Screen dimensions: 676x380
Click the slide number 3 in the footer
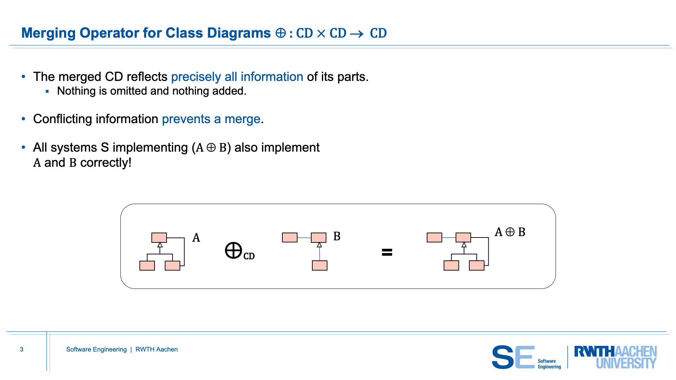(21, 349)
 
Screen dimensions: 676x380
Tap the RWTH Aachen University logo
(615, 357)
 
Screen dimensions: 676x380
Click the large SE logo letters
(513, 357)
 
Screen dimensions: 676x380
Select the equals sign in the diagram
(387, 252)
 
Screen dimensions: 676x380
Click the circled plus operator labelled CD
(233, 251)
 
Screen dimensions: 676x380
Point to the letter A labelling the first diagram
(196, 238)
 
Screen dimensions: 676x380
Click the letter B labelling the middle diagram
(337, 236)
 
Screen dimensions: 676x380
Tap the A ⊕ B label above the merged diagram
(510, 232)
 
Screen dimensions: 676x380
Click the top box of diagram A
(159, 237)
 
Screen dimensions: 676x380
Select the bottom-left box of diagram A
(147, 266)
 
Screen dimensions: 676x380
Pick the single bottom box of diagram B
(320, 265)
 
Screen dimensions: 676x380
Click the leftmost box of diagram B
(290, 237)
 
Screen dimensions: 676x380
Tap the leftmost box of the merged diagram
(434, 237)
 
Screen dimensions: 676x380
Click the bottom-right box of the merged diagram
(477, 266)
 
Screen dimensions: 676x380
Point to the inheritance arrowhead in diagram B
(319, 245)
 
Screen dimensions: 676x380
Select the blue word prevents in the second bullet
(186, 119)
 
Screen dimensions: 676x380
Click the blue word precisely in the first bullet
(196, 77)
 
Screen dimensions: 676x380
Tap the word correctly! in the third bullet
(106, 163)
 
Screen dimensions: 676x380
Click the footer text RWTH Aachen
(157, 349)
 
